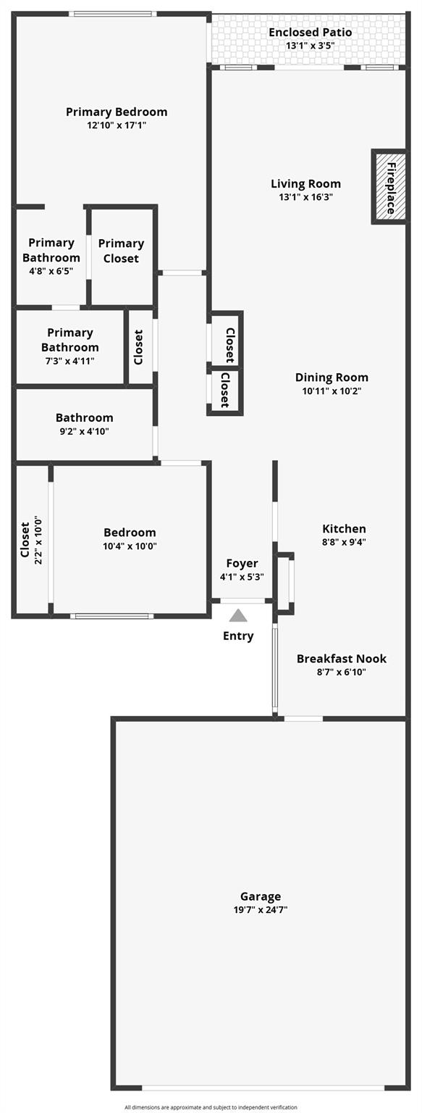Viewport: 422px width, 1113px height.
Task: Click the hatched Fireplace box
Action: tap(389, 187)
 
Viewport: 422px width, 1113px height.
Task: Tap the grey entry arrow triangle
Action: tap(238, 616)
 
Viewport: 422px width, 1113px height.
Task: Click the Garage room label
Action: tap(261, 896)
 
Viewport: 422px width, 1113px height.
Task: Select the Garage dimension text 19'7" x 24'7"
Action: tap(261, 909)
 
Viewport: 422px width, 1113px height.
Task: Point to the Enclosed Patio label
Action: tap(310, 33)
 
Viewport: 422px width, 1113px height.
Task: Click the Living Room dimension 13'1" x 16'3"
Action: tap(305, 197)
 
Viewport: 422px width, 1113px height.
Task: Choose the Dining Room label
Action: tap(332, 378)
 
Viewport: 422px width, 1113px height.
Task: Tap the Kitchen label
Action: tap(344, 529)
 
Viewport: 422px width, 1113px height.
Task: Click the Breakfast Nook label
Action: tap(341, 659)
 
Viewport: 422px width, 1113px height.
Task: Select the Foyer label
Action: tap(242, 564)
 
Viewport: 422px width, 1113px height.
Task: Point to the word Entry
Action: tap(238, 636)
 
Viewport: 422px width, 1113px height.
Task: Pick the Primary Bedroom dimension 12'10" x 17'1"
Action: tap(117, 125)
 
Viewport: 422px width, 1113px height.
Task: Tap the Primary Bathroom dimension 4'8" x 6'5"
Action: tap(51, 271)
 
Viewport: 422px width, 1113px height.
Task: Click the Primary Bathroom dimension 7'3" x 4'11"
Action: tap(70, 361)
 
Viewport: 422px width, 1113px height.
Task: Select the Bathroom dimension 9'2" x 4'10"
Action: tap(84, 431)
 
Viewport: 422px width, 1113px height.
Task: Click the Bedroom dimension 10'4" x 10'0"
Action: tap(130, 546)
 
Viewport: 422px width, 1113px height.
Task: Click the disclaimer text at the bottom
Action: tap(211, 1107)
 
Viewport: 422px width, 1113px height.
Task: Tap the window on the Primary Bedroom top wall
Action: tap(112, 13)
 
